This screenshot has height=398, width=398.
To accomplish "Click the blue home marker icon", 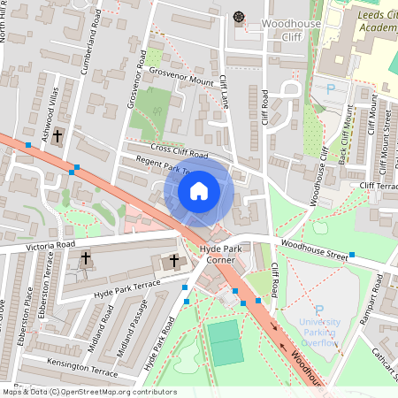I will tap(199, 191).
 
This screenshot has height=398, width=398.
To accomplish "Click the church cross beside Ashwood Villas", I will tap(58, 136).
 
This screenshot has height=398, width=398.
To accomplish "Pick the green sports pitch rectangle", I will tap(225, 341).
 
